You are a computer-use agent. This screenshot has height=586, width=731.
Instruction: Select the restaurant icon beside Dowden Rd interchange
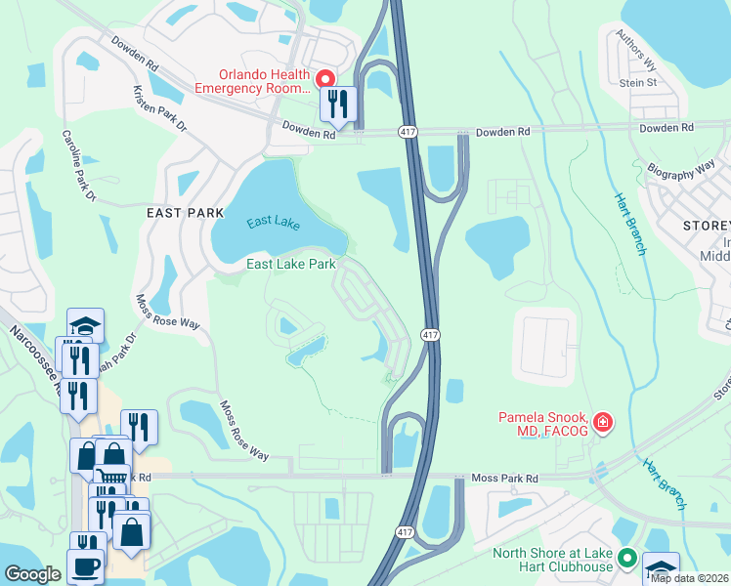coord(338,105)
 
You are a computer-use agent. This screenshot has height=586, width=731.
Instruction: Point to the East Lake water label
coord(273,223)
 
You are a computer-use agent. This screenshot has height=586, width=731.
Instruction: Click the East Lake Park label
coord(291,264)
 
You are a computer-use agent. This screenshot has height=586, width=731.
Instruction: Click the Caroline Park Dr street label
coord(78,166)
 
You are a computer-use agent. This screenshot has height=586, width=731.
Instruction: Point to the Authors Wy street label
coord(635,51)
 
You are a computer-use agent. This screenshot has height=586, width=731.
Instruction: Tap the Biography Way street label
coord(681,169)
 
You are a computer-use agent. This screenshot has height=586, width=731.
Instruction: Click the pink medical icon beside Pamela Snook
coord(603,422)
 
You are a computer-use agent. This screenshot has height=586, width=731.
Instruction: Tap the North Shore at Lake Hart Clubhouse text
coord(552,559)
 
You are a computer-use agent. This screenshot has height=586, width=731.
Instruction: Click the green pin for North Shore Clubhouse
coord(626,560)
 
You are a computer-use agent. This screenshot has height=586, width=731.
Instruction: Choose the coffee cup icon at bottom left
coord(85,565)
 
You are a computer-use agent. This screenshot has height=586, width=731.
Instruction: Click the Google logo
coord(32,574)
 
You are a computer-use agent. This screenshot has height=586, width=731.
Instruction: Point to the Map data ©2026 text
coord(689,578)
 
